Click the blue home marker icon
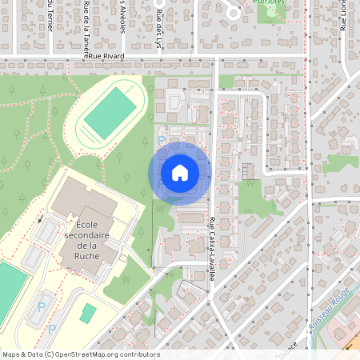click(179, 172)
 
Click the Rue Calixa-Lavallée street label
click(213, 248)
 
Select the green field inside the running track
click(110, 113)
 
